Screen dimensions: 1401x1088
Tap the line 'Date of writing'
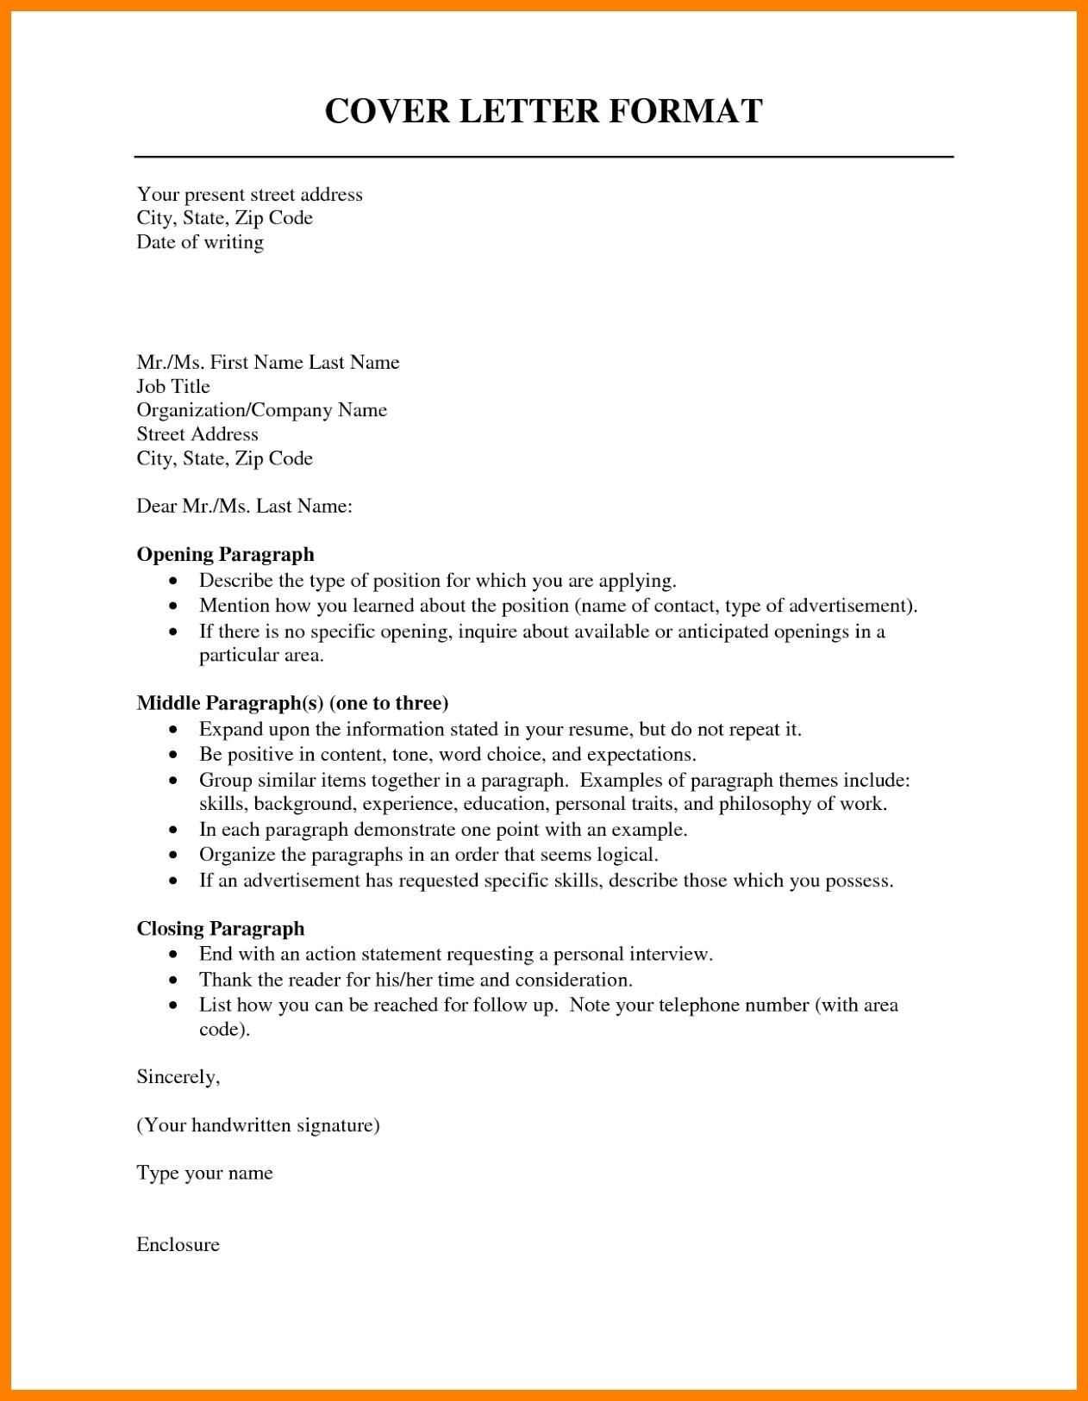pyautogui.click(x=200, y=242)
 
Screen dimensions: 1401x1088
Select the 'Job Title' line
pyautogui.click(x=173, y=387)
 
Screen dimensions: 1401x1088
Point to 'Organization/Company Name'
pyautogui.click(x=261, y=410)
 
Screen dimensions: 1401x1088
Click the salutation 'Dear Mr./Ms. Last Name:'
pyautogui.click(x=244, y=507)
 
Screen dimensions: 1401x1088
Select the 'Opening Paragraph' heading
pyautogui.click(x=225, y=555)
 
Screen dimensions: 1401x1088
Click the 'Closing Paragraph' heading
pyautogui.click(x=221, y=929)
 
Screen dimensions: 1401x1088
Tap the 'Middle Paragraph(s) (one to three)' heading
pyautogui.click(x=292, y=703)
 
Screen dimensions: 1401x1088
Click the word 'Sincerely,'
pyautogui.click(x=178, y=1077)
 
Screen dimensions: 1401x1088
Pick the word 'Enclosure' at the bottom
pyautogui.click(x=178, y=1245)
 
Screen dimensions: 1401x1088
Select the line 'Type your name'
pyautogui.click(x=204, y=1174)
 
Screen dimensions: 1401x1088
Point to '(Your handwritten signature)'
pyautogui.click(x=258, y=1125)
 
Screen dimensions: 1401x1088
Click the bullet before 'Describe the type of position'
pyautogui.click(x=174, y=582)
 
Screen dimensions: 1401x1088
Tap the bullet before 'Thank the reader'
pyautogui.click(x=174, y=981)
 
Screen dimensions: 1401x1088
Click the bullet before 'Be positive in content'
pyautogui.click(x=174, y=756)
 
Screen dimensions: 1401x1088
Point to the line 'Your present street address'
pyautogui.click(x=249, y=195)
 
